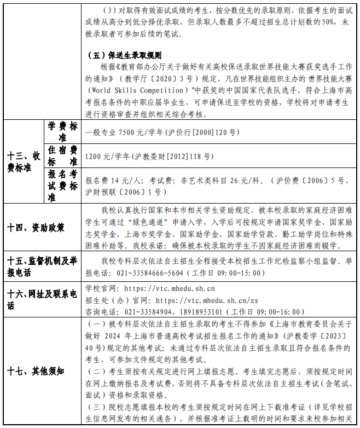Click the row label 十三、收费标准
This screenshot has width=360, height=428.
click(24, 161)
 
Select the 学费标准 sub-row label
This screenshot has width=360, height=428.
click(63, 132)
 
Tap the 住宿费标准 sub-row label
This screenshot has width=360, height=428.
click(63, 156)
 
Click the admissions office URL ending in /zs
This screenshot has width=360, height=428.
click(204, 300)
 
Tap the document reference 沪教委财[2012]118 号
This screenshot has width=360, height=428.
click(173, 157)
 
